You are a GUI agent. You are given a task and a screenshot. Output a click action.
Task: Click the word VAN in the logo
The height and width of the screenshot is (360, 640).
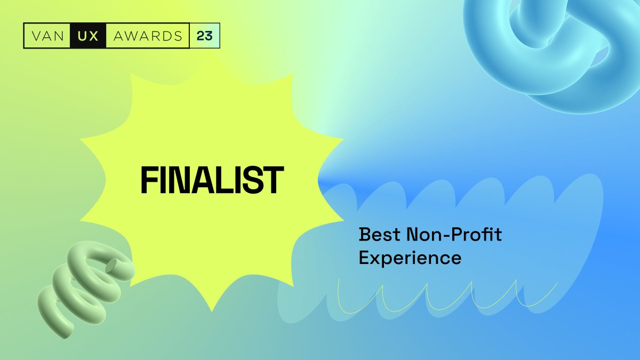click(46, 36)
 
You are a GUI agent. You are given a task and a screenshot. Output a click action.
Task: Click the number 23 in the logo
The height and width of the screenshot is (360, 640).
click(204, 36)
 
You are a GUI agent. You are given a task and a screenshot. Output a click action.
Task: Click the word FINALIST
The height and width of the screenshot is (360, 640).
click(212, 180)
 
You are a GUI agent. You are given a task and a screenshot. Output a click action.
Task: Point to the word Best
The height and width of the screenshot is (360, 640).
click(379, 234)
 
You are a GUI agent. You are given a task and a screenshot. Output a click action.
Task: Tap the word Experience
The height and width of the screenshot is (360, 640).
click(410, 258)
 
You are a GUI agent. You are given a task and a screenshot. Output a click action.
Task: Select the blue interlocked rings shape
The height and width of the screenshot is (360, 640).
click(555, 48)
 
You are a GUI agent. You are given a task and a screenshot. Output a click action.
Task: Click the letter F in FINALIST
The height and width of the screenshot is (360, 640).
click(149, 180)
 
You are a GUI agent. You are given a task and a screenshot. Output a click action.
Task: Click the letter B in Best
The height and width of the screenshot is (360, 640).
click(365, 234)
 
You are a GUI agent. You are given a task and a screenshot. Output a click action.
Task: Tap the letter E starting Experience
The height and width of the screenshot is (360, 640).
click(365, 258)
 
